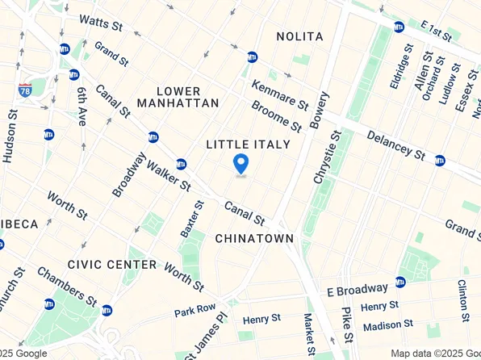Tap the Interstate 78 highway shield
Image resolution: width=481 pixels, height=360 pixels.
pyautogui.click(x=25, y=89)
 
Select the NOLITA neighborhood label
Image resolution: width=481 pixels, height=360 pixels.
pyautogui.click(x=299, y=37)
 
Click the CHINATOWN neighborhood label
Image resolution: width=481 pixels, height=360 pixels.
pyautogui.click(x=254, y=238)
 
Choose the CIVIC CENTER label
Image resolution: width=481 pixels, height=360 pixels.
pyautogui.click(x=112, y=264)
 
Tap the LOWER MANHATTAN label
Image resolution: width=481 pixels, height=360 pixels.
pyautogui.click(x=178, y=97)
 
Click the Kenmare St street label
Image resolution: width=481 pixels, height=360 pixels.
pyautogui.click(x=279, y=94)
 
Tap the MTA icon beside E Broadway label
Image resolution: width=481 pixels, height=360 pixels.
pyautogui.click(x=400, y=282)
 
